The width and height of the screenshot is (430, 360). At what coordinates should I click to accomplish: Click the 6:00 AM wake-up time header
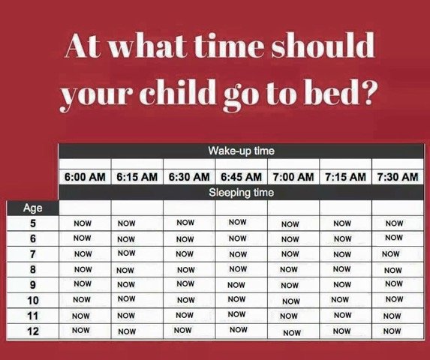85,177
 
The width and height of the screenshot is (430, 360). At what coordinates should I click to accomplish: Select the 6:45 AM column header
241,177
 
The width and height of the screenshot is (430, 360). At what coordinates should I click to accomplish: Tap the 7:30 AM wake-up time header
398,177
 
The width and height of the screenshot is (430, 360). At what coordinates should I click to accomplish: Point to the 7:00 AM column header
293,177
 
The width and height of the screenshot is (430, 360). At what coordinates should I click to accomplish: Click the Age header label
32,208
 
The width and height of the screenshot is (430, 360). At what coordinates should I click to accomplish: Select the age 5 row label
33,223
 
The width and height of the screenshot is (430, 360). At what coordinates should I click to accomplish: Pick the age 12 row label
33,331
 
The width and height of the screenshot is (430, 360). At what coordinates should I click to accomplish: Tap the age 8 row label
33,269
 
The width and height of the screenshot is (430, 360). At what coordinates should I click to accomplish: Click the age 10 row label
33,301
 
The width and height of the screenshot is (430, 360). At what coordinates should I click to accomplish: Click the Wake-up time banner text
242,151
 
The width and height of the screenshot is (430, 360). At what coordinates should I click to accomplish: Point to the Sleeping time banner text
242,192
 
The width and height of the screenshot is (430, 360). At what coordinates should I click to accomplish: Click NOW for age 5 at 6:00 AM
83,223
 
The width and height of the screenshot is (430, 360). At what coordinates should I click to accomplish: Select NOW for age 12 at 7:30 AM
392,331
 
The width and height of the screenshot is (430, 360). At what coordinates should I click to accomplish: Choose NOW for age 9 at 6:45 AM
236,285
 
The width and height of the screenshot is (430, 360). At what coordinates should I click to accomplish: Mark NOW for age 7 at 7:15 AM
342,254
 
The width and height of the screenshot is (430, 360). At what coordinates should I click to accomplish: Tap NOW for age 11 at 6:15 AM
126,316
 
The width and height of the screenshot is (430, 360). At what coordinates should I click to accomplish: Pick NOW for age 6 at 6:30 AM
185,239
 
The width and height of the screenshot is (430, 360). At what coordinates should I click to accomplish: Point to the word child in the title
178,91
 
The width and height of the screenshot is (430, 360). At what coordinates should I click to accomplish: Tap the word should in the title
323,45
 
